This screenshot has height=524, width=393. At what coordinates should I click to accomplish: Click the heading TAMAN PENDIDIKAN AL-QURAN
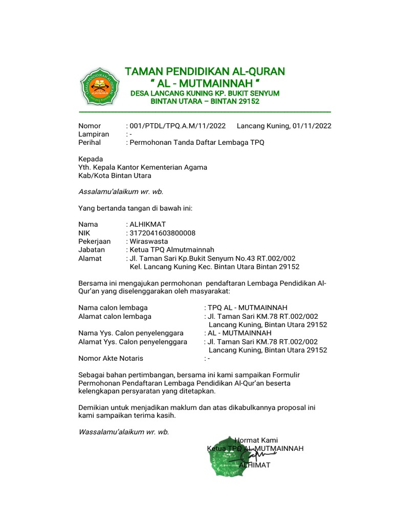click(205, 71)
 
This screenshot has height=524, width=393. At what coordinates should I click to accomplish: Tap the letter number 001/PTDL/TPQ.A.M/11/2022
click(178, 126)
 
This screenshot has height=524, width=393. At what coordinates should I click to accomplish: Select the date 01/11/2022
click(312, 126)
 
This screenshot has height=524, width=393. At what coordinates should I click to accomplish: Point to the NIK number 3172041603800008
click(163, 233)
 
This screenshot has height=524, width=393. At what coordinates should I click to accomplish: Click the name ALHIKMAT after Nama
click(148, 224)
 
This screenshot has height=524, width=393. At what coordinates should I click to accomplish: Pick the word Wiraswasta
click(149, 241)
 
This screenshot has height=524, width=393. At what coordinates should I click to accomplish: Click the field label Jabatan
click(92, 250)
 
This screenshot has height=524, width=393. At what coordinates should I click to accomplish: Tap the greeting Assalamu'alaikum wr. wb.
click(121, 192)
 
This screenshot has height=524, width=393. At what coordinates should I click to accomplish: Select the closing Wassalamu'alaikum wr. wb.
click(123, 431)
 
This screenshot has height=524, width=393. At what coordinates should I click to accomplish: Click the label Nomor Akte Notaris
click(111, 358)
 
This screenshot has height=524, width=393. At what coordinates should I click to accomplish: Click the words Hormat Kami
click(256, 440)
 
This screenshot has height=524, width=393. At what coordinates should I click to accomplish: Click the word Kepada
click(91, 159)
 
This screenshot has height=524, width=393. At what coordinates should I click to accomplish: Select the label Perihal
click(90, 142)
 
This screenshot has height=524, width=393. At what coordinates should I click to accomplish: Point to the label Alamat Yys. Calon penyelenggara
click(133, 341)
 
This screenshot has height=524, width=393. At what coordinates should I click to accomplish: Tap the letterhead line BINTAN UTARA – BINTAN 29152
click(205, 101)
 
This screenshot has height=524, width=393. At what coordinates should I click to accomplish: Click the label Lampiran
click(94, 134)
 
